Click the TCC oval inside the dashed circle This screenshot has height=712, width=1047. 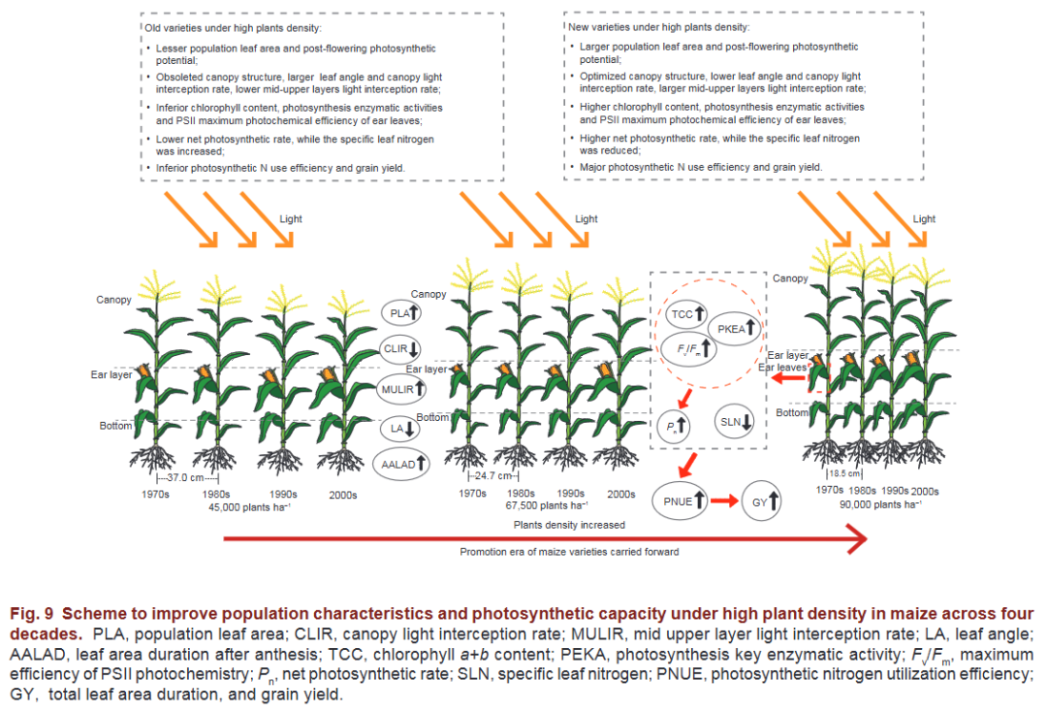[685, 314]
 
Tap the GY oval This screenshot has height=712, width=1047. [764, 502]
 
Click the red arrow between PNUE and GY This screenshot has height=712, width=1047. [722, 502]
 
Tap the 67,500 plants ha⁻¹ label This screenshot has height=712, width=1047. [544, 506]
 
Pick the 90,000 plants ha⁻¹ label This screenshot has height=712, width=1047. [880, 504]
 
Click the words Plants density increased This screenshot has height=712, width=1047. [569, 525]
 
